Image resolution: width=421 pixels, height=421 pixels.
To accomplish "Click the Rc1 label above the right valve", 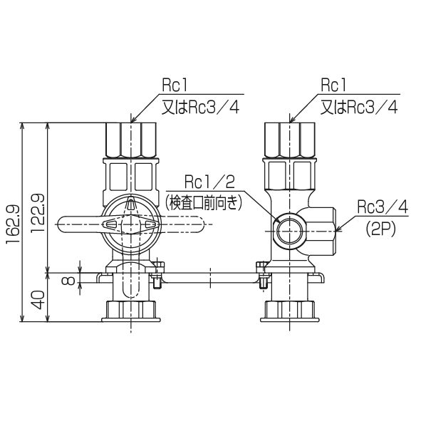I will pyautogui.click(x=333, y=85).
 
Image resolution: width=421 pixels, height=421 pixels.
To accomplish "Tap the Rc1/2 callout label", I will pyautogui.click(x=208, y=181).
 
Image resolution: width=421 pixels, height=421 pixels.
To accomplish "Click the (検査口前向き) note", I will pyautogui.click(x=204, y=202).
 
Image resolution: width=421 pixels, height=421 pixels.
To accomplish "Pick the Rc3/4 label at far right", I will pyautogui.click(x=383, y=207).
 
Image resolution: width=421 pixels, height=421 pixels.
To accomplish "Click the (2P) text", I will pyautogui.click(x=383, y=229).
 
